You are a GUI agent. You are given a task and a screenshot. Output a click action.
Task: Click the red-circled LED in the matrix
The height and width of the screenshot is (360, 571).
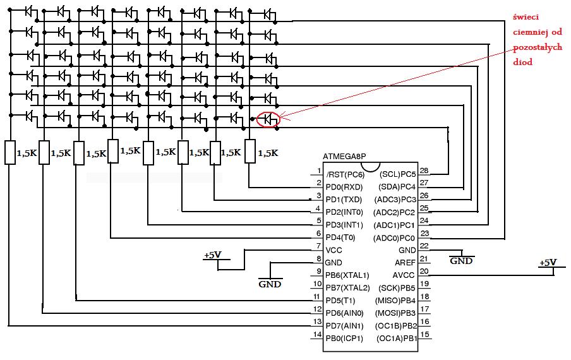point(268,118)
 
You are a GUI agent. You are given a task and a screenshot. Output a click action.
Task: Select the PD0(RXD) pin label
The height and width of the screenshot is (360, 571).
point(344,186)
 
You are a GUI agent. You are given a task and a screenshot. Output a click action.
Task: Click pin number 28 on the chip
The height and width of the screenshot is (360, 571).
point(424,171)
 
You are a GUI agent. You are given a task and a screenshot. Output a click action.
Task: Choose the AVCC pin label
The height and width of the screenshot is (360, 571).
point(404,275)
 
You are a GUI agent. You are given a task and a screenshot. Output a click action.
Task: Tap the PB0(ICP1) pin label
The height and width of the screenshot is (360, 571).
point(344,339)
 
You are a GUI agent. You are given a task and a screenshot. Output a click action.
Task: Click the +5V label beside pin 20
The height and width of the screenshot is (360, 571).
point(548,263)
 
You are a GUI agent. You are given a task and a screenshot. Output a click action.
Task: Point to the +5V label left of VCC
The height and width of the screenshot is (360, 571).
point(212,255)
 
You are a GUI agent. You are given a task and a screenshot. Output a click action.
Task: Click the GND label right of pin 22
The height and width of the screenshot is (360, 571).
point(462,260)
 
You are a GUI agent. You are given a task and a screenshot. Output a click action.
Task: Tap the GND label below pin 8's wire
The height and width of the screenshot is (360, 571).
point(270,284)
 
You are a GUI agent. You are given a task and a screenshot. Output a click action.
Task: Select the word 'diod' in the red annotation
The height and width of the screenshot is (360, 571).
point(522,63)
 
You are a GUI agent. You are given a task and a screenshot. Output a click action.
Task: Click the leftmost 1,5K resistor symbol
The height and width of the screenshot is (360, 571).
point(10,152)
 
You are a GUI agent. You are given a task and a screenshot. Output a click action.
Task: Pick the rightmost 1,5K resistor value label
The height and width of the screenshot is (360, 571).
point(268,153)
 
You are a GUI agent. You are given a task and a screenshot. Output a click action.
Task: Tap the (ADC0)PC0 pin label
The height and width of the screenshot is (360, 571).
point(395,237)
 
